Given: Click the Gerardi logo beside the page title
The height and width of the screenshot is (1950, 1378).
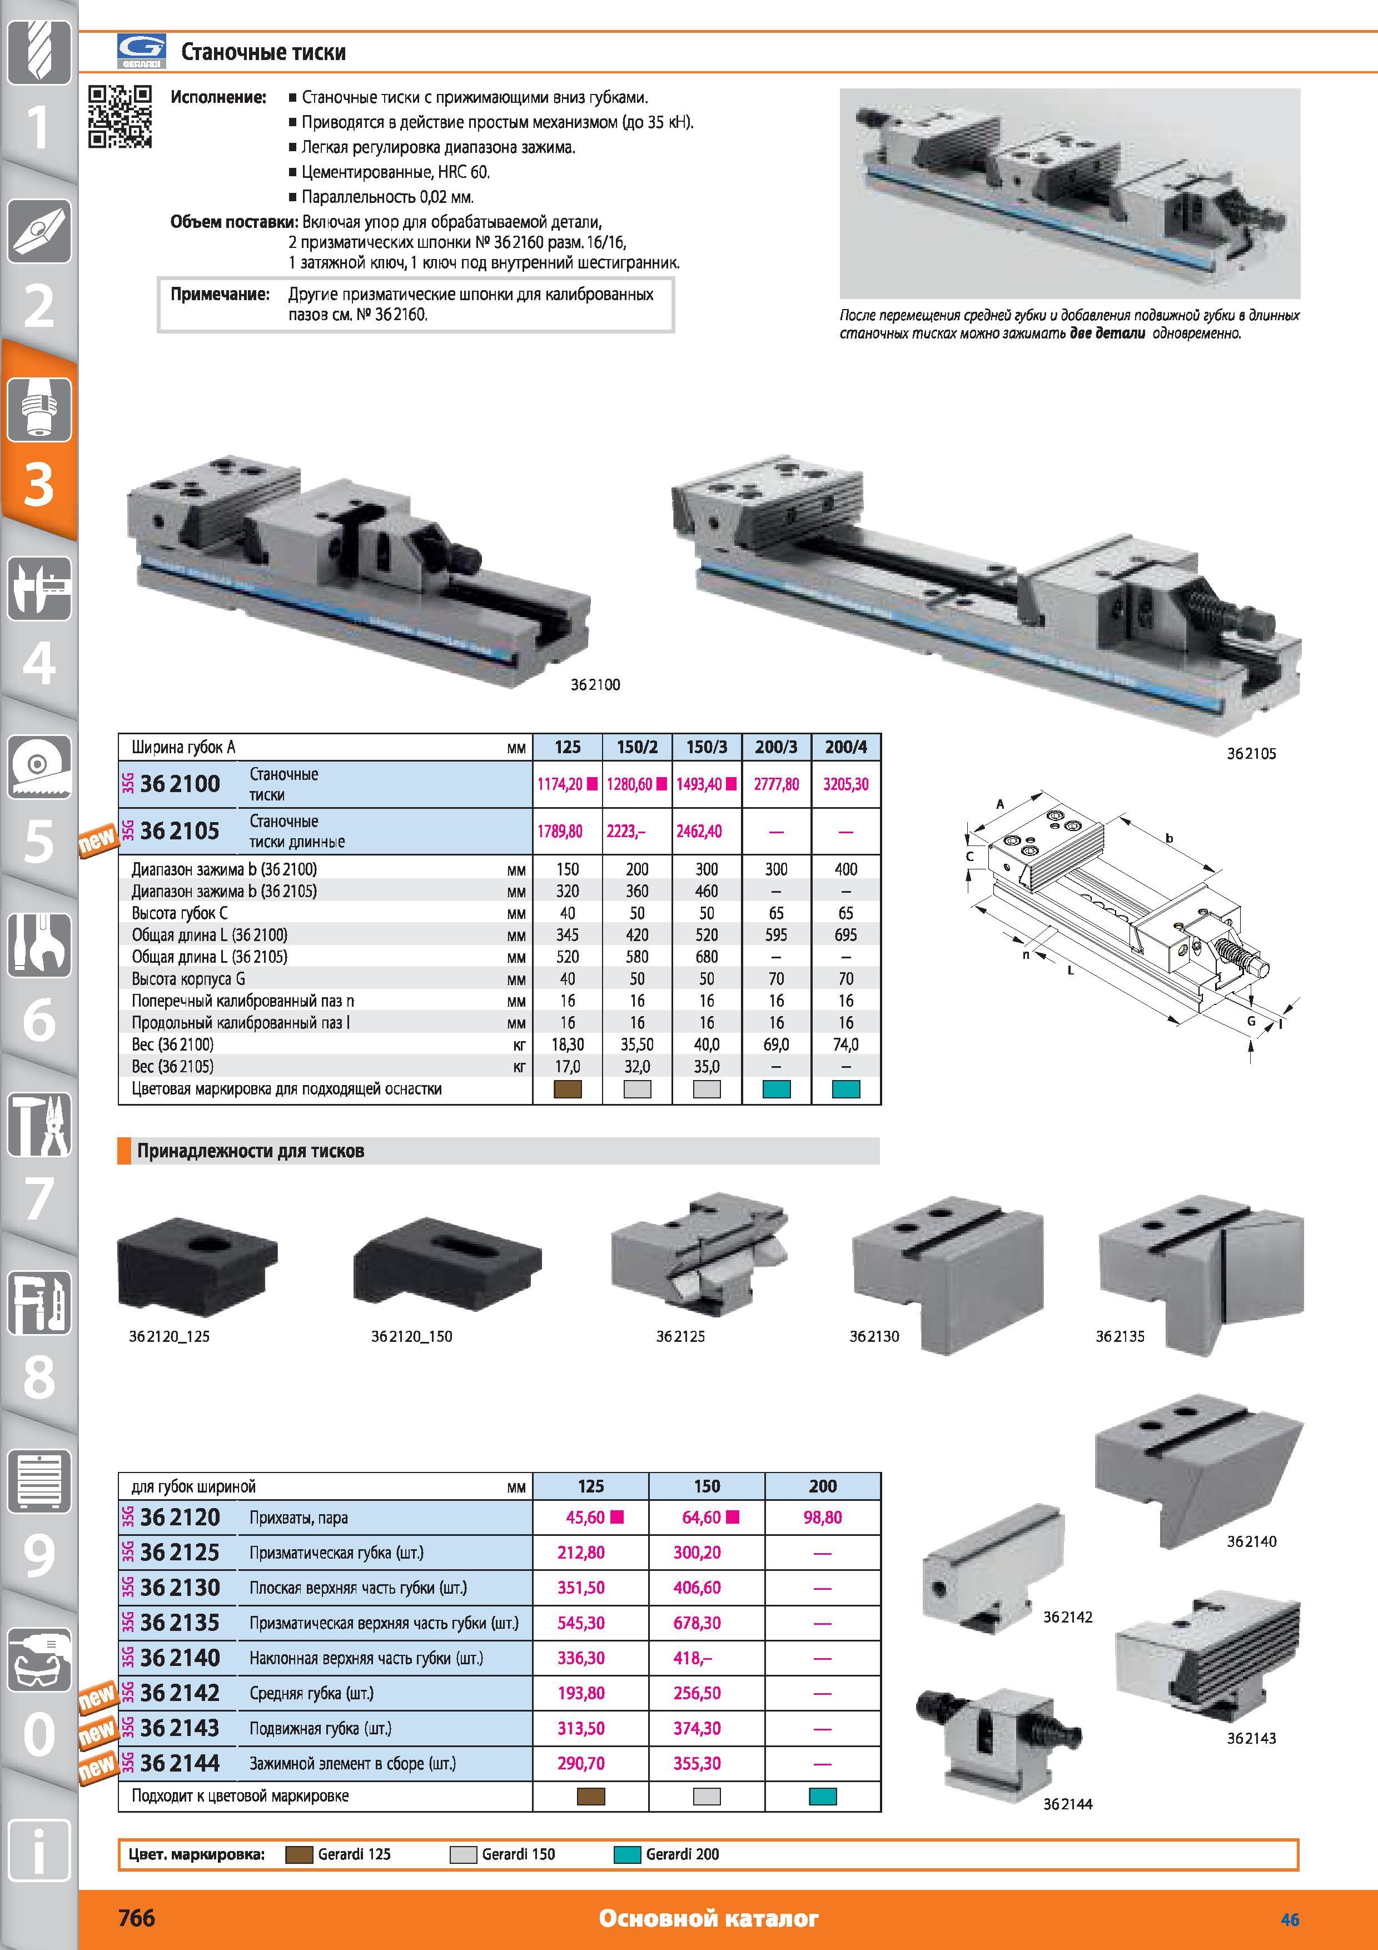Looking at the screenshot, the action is tap(141, 52).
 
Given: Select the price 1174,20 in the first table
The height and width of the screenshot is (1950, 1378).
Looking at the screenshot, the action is tap(560, 784).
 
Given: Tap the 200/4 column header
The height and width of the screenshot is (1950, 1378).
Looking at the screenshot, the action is tap(845, 748).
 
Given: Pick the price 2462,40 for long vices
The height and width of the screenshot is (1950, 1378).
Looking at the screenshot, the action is tap(699, 832).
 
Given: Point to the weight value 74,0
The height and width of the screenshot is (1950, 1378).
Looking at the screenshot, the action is tap(845, 1044).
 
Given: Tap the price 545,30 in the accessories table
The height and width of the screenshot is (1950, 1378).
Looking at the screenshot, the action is tap(581, 1623).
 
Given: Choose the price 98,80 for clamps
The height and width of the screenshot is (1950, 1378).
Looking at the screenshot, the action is tap(823, 1518).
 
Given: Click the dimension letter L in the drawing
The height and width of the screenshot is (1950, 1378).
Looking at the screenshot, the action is tap(1071, 970).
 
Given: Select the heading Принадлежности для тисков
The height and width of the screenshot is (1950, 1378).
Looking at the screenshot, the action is tap(251, 1151).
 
